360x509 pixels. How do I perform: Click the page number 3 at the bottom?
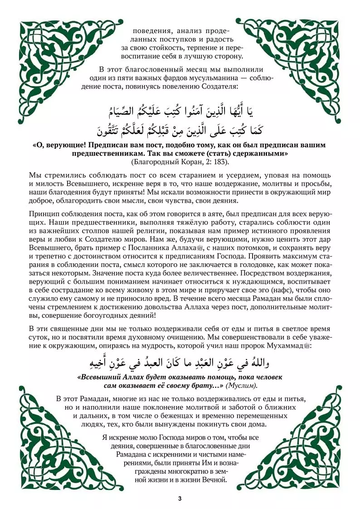tap(180, 499)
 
